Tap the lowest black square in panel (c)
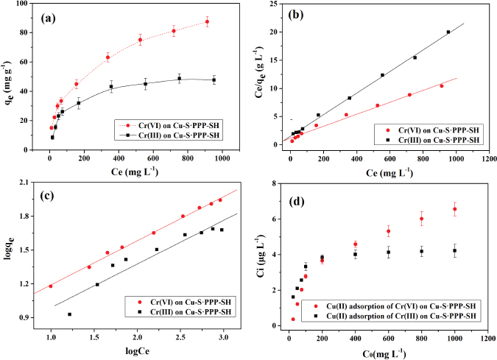click(x=70, y=314)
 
